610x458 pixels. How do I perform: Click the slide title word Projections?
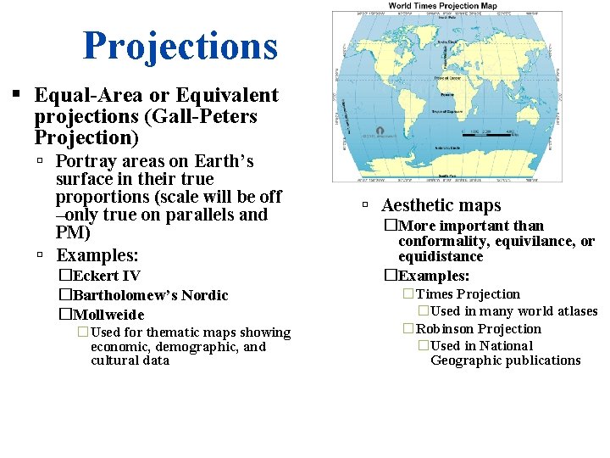click(x=180, y=47)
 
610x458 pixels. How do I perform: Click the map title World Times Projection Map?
click(x=442, y=6)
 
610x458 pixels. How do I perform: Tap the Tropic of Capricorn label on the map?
click(x=446, y=111)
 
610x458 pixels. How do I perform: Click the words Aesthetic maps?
click(x=441, y=205)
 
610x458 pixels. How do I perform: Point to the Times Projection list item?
click(x=468, y=294)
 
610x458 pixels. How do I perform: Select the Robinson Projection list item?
click(x=478, y=329)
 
